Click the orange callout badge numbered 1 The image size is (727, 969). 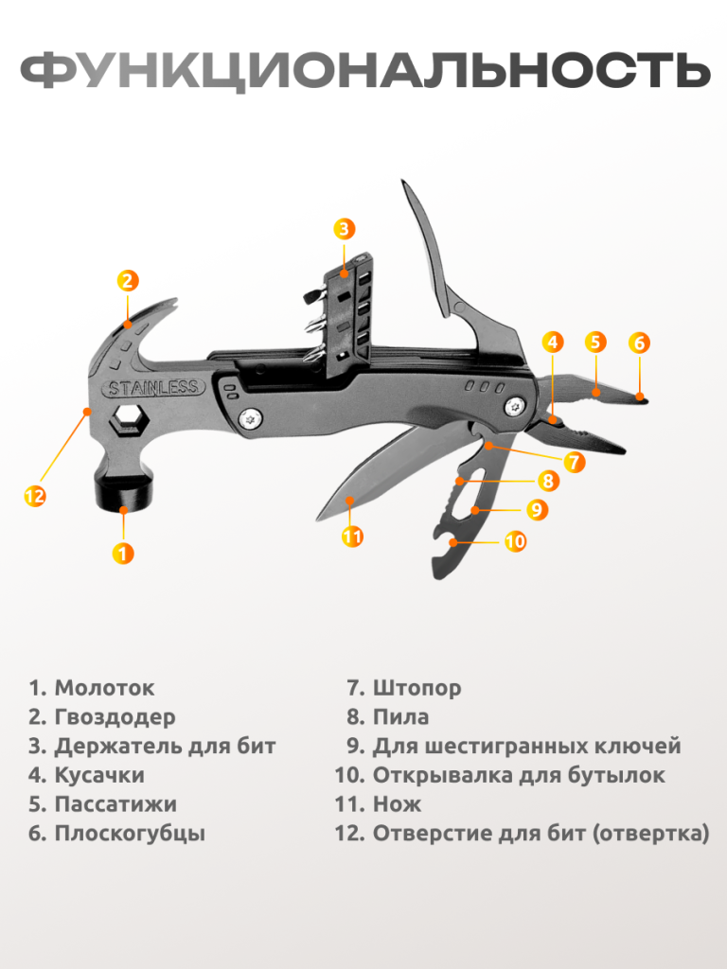(123, 553)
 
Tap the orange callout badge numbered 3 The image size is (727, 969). (345, 229)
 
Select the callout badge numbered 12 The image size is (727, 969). (35, 496)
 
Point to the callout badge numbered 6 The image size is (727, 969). (639, 343)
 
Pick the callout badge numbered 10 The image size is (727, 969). (516, 541)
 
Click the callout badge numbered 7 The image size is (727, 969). (575, 462)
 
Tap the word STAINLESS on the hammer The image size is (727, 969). (153, 388)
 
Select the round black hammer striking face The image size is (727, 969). (124, 492)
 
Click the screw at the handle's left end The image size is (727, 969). (250, 419)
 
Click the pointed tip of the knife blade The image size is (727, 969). (318, 518)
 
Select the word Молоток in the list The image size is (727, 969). (104, 688)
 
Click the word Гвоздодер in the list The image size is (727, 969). (115, 717)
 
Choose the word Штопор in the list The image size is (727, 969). (417, 688)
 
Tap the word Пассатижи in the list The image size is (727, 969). (115, 804)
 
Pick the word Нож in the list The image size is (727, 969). (397, 804)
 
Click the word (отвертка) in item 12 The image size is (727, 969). (650, 833)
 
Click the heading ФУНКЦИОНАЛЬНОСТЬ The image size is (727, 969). (364, 70)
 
